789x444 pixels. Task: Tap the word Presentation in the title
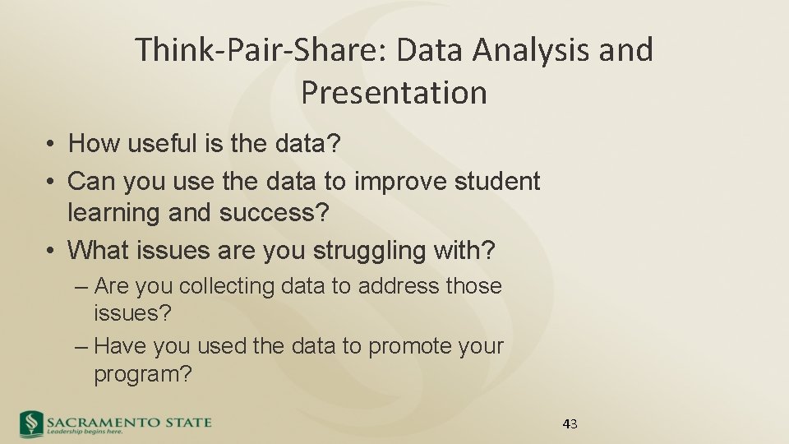click(x=394, y=92)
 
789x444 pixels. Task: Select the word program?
click(x=143, y=374)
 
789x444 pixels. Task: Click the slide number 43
click(x=570, y=424)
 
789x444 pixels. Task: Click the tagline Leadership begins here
click(x=85, y=431)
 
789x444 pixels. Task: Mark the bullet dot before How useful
click(x=51, y=145)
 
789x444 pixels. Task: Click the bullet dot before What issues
click(x=51, y=250)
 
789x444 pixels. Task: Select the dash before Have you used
click(x=81, y=346)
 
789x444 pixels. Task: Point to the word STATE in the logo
click(x=182, y=422)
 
